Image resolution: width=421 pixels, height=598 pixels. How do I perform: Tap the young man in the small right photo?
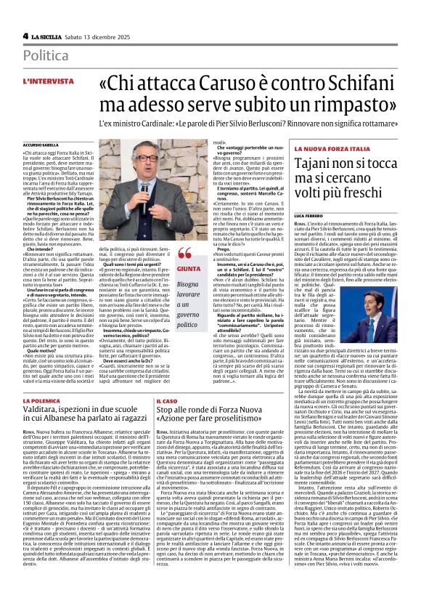382,276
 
